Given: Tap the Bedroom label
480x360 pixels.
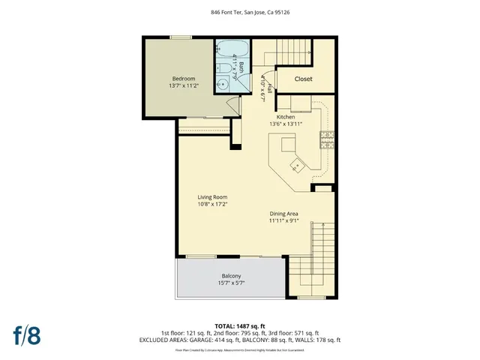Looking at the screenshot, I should pyautogui.click(x=184, y=79).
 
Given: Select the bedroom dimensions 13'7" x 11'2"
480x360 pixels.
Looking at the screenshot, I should pyautogui.click(x=184, y=86).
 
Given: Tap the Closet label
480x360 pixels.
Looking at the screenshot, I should pyautogui.click(x=303, y=79).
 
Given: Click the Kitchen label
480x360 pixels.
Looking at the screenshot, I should pyautogui.click(x=285, y=117).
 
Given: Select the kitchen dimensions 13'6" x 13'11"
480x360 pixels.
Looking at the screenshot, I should pyautogui.click(x=285, y=124).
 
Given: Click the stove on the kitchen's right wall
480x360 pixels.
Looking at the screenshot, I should pyautogui.click(x=328, y=137).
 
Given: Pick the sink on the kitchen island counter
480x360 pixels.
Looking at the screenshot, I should pyautogui.click(x=297, y=163).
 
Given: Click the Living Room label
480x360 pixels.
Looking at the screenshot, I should pyautogui.click(x=212, y=197).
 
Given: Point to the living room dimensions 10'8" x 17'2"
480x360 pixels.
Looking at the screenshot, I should pyautogui.click(x=212, y=204).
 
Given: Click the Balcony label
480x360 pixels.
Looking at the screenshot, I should pyautogui.click(x=231, y=275).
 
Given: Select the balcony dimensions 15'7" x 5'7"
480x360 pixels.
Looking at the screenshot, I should pyautogui.click(x=231, y=283).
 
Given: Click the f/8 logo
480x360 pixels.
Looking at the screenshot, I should pyautogui.click(x=26, y=334).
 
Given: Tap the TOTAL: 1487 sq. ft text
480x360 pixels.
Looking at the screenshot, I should pyautogui.click(x=239, y=325).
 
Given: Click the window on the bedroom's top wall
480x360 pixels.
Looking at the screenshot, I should pyautogui.click(x=179, y=37).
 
